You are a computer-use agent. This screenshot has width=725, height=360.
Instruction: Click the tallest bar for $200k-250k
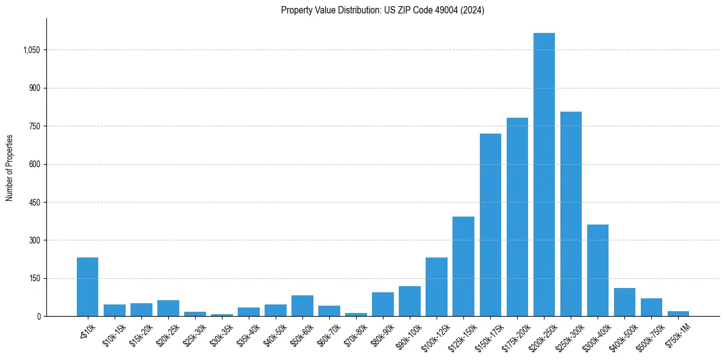[x=544, y=175]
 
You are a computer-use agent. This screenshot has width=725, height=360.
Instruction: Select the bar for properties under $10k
[x=87, y=287]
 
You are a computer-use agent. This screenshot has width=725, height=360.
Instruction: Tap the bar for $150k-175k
[x=490, y=225]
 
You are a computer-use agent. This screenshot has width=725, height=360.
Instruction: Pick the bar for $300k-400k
[x=598, y=270]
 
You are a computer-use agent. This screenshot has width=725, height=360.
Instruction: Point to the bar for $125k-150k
[x=463, y=266]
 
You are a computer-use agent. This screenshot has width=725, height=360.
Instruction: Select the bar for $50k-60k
[x=302, y=306]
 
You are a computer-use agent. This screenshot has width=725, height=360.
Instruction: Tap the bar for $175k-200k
[x=517, y=217]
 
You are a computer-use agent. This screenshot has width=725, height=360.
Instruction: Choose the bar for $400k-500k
[x=624, y=302]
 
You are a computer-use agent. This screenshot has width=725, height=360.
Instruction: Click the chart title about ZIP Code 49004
[x=382, y=10]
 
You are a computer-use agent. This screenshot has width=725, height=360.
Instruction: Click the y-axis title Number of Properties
[x=10, y=168]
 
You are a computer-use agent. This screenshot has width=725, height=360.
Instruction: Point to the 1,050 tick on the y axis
[x=31, y=50]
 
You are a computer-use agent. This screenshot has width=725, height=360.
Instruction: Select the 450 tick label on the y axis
[x=34, y=203]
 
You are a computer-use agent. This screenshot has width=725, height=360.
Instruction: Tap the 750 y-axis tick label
[x=34, y=126]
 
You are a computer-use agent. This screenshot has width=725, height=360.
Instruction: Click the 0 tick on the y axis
[x=38, y=317]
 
